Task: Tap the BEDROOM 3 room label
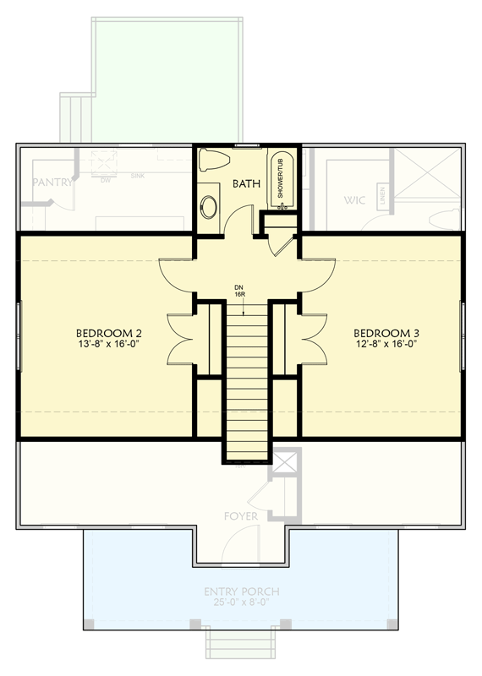coord(386,332)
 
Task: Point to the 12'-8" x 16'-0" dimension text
coord(386,344)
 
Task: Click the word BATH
coord(245,183)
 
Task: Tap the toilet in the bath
coord(212,159)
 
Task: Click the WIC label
coord(354,201)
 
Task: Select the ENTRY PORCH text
coord(242,591)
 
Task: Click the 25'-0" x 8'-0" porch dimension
coord(242,603)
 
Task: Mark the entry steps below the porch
coord(242,645)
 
